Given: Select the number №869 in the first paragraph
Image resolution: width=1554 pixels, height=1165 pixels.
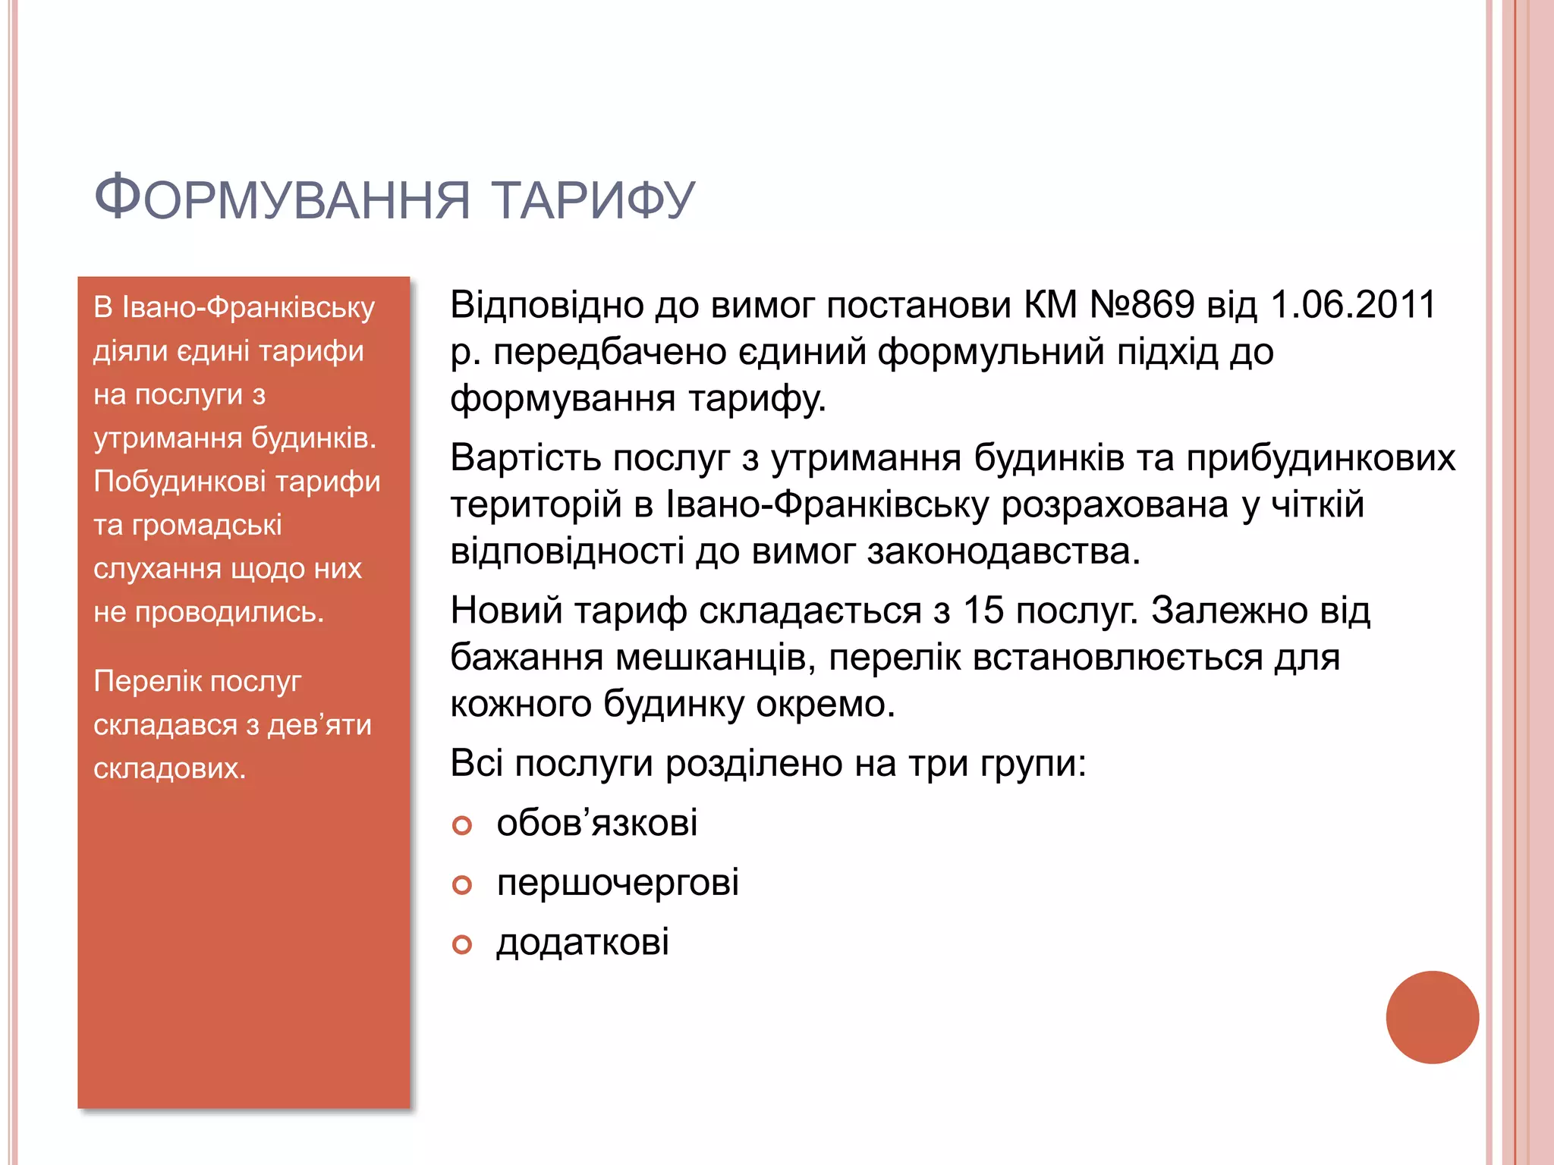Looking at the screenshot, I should click(1142, 305).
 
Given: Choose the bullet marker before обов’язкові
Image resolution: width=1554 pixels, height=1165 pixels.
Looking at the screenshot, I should click(461, 825).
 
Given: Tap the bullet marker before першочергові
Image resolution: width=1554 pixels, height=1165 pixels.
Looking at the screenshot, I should click(461, 884).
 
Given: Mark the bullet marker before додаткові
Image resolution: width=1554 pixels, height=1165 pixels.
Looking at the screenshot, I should click(461, 944).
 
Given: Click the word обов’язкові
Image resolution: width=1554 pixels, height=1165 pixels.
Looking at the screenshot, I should click(597, 823).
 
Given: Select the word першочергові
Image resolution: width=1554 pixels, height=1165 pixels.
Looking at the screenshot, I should click(618, 883).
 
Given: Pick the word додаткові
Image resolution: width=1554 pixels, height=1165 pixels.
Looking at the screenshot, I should click(583, 942).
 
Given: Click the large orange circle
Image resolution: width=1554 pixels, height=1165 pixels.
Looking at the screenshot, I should click(1432, 1017).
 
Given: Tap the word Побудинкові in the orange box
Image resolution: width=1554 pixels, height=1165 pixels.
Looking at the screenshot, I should click(180, 482).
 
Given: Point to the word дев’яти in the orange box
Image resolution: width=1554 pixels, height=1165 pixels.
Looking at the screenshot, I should click(320, 725).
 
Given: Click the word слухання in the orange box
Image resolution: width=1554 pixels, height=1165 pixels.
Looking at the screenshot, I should click(157, 569).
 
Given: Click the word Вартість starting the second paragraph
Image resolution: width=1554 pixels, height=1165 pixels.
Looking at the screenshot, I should click(525, 458).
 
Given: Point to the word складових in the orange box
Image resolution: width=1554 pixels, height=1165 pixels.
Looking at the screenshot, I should click(169, 769).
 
